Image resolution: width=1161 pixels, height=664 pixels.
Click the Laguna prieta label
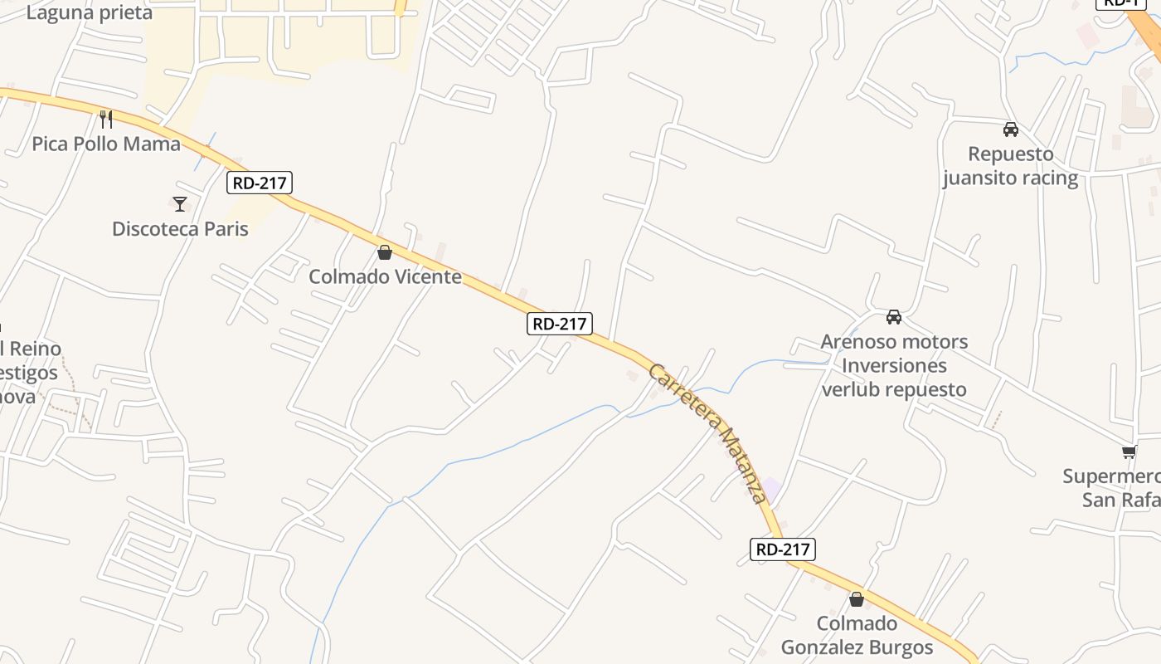90,12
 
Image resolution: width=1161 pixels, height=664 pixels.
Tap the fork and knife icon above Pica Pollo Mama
106,119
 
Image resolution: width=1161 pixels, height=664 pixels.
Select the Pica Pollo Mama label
106,144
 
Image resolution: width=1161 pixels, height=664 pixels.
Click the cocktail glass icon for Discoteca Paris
180,203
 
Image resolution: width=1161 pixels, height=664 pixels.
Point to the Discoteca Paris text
180,228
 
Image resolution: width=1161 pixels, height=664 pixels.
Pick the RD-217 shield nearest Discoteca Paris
260,183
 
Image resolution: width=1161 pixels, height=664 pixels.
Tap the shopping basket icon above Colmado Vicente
385,252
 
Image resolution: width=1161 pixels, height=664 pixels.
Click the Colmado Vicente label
385,276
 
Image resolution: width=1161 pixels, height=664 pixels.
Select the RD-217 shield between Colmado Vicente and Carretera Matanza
560,324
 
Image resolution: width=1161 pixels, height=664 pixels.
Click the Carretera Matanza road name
706,432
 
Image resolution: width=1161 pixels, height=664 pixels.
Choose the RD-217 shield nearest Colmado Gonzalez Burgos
783,549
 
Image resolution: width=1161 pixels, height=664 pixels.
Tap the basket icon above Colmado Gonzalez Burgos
857,598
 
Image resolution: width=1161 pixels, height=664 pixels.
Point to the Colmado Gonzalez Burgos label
857,635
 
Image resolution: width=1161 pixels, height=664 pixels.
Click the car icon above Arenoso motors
894,316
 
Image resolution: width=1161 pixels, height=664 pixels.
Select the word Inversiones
894,365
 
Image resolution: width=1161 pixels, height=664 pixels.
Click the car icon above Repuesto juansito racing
1010,129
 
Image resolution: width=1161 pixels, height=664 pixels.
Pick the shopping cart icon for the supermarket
1129,452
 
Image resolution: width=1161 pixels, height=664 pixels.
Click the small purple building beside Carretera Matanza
771,489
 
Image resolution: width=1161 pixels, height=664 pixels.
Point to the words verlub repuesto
894,389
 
